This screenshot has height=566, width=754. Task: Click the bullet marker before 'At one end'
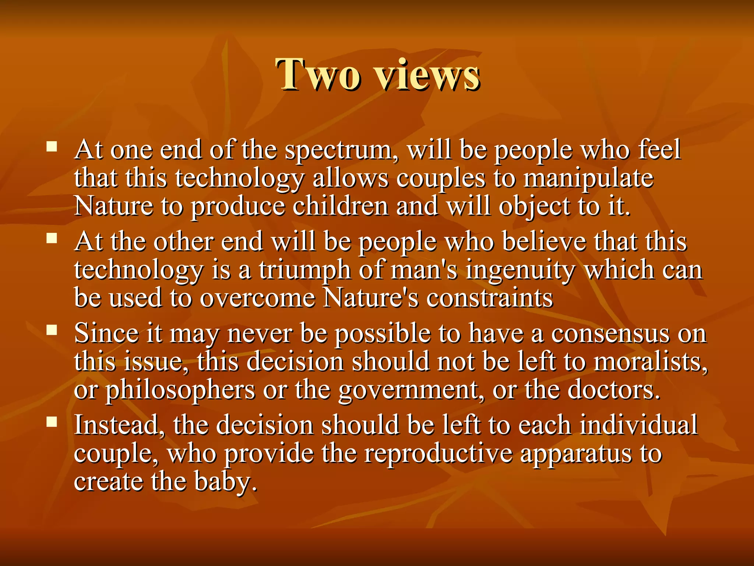click(52, 147)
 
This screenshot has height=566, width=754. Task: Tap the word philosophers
click(180, 390)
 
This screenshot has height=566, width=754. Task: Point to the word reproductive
click(438, 453)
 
